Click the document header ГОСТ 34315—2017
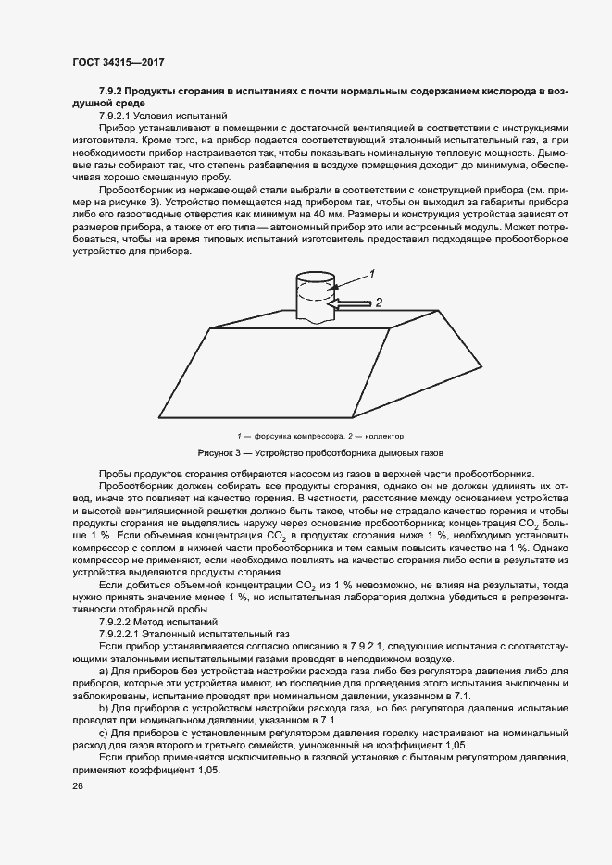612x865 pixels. (119, 62)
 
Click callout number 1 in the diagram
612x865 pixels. (371, 274)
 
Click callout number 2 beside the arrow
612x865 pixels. (377, 302)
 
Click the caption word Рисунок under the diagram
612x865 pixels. (219, 453)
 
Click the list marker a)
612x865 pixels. (103, 670)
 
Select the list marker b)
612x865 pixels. (103, 707)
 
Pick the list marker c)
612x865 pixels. (103, 732)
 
